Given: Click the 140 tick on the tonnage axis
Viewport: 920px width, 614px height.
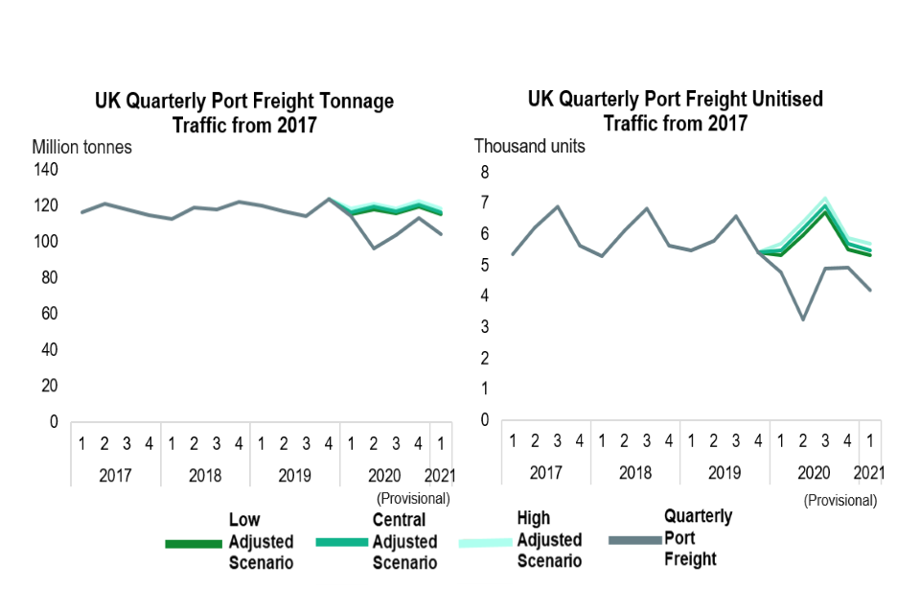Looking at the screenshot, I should pyautogui.click(x=46, y=170).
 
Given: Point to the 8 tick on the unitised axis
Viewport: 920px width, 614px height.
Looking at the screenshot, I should pyautogui.click(x=485, y=173).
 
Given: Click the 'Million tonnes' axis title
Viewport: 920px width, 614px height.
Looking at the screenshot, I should pyautogui.click(x=81, y=148).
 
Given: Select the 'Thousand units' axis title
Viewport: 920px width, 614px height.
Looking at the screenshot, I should pyautogui.click(x=529, y=147).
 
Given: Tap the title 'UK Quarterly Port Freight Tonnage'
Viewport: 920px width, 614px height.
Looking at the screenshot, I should pyautogui.click(x=243, y=102).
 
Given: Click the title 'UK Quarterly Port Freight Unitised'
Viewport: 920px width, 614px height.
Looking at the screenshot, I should pyautogui.click(x=675, y=99).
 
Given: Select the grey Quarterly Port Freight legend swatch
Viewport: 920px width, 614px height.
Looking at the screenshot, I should pyautogui.click(x=634, y=541).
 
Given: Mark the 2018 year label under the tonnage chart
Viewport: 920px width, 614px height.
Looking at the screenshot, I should pyautogui.click(x=205, y=475).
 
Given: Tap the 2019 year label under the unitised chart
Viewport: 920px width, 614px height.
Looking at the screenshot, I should pyautogui.click(x=724, y=473).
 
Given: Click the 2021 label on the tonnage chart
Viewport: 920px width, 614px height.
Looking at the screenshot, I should pyautogui.click(x=441, y=475).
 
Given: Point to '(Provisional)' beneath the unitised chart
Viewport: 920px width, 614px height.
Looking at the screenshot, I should pyautogui.click(x=839, y=500).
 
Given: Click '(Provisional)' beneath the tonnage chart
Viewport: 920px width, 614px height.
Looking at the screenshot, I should pyautogui.click(x=413, y=498).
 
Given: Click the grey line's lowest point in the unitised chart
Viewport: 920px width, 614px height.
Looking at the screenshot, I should pyautogui.click(x=803, y=319).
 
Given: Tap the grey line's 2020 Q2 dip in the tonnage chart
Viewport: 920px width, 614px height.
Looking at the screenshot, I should pyautogui.click(x=374, y=248).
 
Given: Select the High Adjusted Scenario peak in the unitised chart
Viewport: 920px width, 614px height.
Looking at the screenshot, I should pyautogui.click(x=825, y=199).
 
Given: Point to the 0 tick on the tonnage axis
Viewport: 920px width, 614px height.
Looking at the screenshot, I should pyautogui.click(x=53, y=422).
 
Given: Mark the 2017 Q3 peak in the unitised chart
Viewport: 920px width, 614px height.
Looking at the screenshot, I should pyautogui.click(x=558, y=206).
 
